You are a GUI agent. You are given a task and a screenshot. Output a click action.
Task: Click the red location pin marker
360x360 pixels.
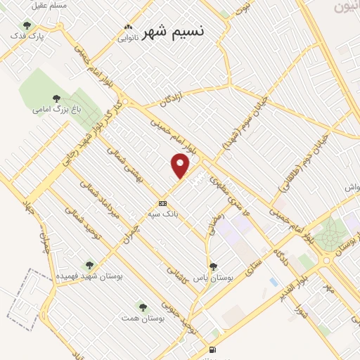click(181, 165)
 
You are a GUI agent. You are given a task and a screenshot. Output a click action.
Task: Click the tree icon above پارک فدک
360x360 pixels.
click(27, 25)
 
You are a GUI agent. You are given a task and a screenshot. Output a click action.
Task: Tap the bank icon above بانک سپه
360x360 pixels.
click(163, 203)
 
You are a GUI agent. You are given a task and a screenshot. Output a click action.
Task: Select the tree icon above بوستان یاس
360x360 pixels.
click(213, 266)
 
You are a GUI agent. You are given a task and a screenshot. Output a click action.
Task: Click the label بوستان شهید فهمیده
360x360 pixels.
click(89, 276)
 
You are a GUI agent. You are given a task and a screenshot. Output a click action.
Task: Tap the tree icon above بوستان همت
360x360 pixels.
click(143, 307)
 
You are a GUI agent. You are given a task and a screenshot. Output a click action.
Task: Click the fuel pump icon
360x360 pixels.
click(212, 350)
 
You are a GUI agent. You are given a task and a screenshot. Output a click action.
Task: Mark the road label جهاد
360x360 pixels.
click(29, 207)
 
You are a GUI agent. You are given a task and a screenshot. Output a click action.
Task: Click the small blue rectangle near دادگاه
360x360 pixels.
click(273, 282)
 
